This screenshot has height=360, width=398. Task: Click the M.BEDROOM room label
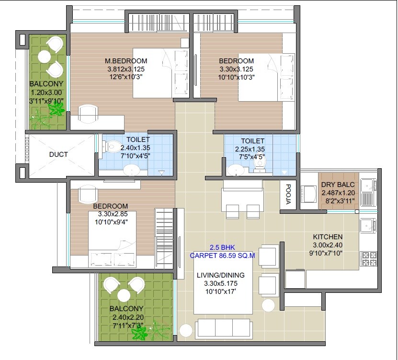[x=126, y=61]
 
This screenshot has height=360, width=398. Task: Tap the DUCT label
[x=58, y=154]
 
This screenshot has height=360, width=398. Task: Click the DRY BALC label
[x=338, y=185]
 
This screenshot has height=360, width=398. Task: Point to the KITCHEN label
[x=328, y=237]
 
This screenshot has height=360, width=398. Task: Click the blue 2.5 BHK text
[x=222, y=247]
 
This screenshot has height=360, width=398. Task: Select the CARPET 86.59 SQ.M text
[x=222, y=255]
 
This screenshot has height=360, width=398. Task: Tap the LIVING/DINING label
[x=221, y=275]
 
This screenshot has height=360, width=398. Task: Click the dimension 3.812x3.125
[x=126, y=69]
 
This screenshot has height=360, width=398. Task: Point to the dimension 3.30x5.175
[x=221, y=283]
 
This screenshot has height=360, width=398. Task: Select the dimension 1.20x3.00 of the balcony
[x=47, y=93]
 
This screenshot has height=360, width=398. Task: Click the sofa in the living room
[x=224, y=329]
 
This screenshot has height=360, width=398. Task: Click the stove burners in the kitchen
[x=369, y=258]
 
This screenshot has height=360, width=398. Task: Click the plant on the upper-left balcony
[x=57, y=111]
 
